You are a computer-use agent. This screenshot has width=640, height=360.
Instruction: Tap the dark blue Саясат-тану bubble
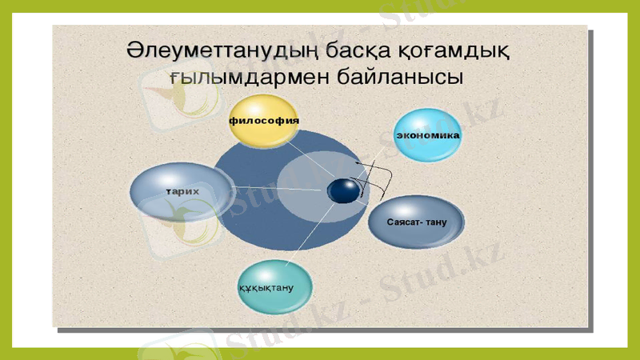[x=416, y=221]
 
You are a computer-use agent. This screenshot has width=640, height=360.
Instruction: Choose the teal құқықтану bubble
[x=274, y=286]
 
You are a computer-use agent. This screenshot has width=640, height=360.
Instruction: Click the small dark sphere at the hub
[x=343, y=190]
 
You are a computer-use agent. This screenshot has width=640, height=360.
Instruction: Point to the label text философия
[x=264, y=121]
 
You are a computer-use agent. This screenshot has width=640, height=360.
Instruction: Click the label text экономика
[x=428, y=135]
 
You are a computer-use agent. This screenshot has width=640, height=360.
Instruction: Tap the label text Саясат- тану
[x=416, y=221]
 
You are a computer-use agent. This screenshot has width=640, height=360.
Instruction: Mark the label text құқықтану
[x=266, y=287]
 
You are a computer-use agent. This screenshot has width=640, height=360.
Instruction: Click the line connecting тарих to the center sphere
[x=280, y=190]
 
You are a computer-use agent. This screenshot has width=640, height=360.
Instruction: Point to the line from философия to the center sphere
[x=308, y=160]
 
